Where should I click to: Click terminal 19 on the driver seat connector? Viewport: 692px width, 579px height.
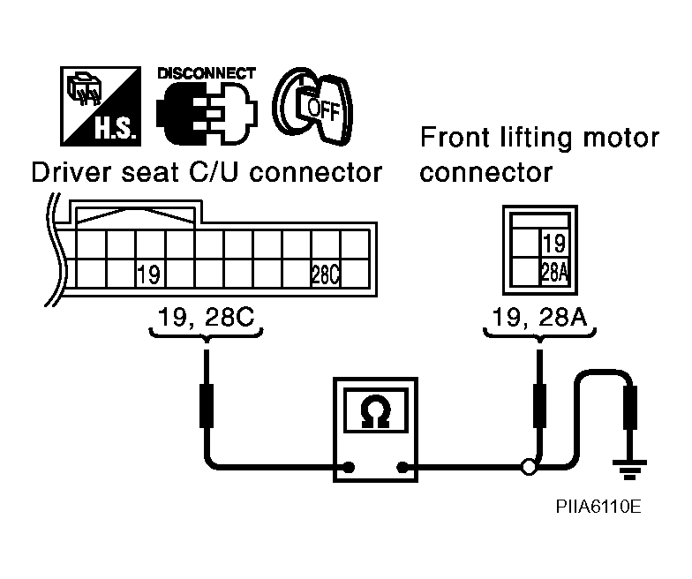[x=148, y=275]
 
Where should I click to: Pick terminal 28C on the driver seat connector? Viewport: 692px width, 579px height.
[x=327, y=275]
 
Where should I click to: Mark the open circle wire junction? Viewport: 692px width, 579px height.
[x=529, y=468]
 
